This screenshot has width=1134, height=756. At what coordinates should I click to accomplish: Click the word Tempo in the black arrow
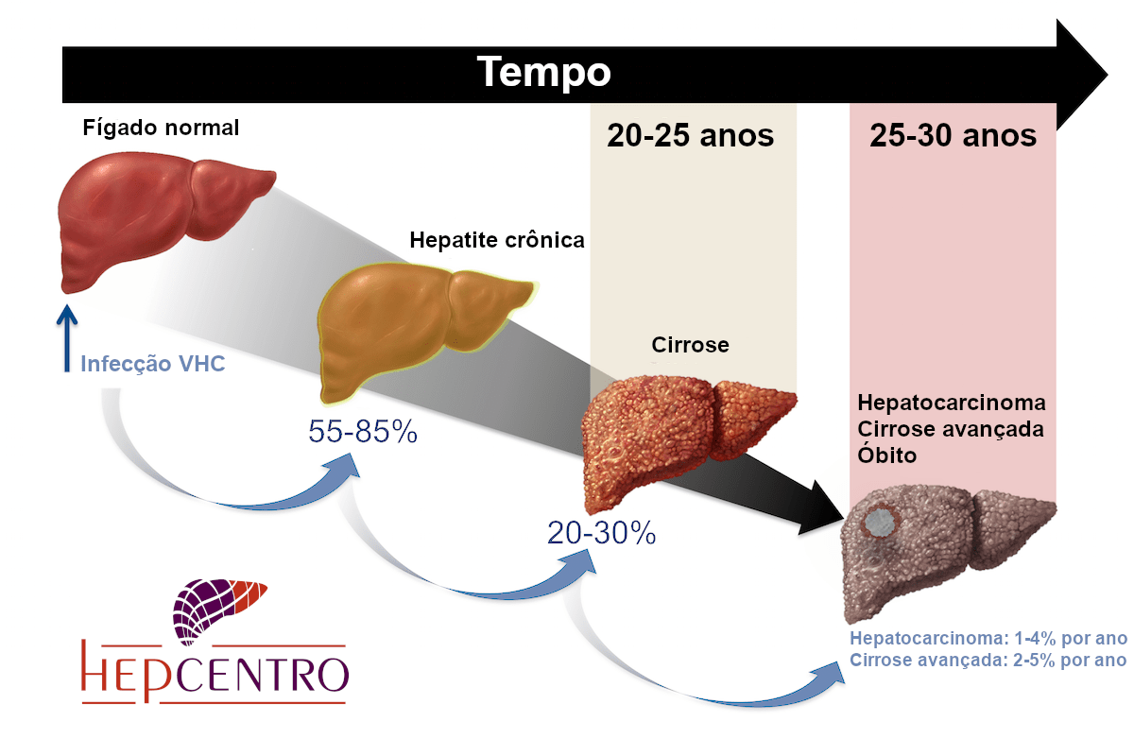(x=543, y=72)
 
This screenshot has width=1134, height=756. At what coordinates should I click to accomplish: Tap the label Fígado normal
(x=161, y=127)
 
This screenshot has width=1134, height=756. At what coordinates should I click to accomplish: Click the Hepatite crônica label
(x=497, y=240)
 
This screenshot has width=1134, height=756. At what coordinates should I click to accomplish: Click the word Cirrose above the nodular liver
(x=690, y=345)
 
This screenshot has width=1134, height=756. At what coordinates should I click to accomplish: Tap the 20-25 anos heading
(x=691, y=136)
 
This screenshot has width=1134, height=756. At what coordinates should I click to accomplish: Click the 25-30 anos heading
(x=953, y=136)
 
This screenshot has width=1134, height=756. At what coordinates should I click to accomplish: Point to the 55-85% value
(x=363, y=432)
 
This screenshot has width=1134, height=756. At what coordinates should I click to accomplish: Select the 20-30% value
(x=601, y=533)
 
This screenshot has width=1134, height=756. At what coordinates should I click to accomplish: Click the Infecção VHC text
(x=153, y=364)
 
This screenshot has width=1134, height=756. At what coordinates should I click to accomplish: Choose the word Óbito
(x=888, y=455)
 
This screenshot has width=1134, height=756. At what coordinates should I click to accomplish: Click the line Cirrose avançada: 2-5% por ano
(x=988, y=660)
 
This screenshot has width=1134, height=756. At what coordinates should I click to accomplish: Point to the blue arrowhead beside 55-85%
(x=344, y=470)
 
